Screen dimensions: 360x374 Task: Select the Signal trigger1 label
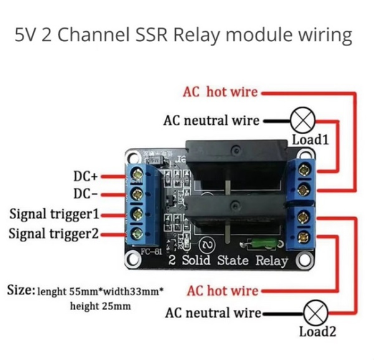pos(54,215)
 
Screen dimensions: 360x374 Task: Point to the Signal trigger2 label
pos(54,234)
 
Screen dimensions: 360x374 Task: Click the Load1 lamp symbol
pos(304,120)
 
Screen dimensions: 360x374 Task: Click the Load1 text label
pos(310,139)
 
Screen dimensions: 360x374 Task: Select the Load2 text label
pos(317,332)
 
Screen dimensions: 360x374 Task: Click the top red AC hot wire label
pos(219,92)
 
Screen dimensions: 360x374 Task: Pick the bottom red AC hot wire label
pos(222,291)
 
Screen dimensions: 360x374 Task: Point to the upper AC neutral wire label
pos(211,120)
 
